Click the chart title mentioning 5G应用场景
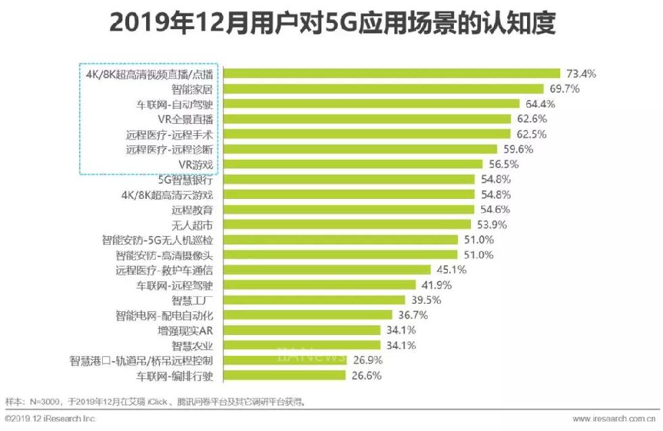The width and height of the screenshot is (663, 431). click(331, 24)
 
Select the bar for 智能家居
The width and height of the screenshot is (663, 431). click(384, 89)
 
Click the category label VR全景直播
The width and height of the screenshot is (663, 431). click(185, 119)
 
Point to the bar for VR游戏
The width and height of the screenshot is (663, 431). click(353, 164)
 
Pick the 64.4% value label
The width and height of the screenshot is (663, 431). click(539, 104)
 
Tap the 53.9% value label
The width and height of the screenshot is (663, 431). click(490, 225)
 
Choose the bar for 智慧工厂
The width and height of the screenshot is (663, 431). click(315, 300)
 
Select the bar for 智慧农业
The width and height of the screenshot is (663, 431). click(302, 345)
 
